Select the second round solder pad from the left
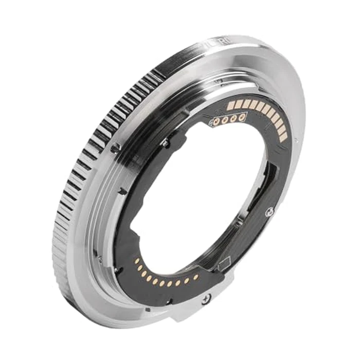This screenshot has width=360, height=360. (225, 121)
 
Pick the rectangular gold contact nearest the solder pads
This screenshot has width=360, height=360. (231, 105)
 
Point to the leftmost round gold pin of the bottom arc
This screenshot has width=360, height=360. (137, 261)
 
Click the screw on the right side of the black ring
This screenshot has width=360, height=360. (268, 211)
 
